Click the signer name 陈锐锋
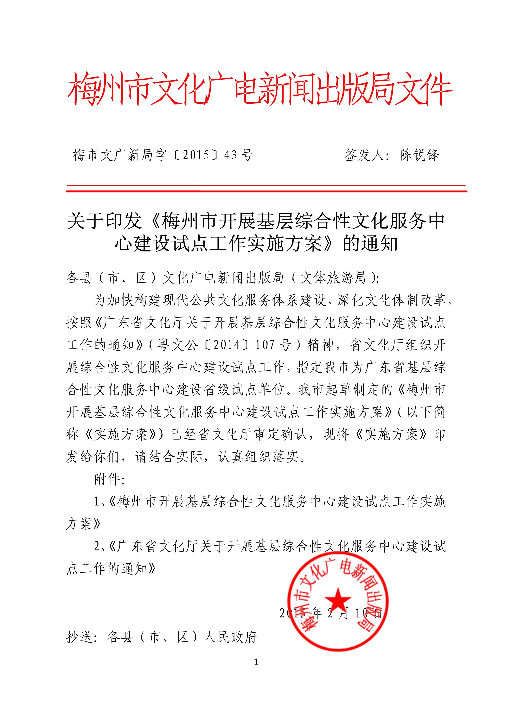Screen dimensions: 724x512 pos(419,155)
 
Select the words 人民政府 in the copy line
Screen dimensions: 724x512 pos(230,637)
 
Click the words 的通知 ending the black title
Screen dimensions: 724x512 pos(370,243)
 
